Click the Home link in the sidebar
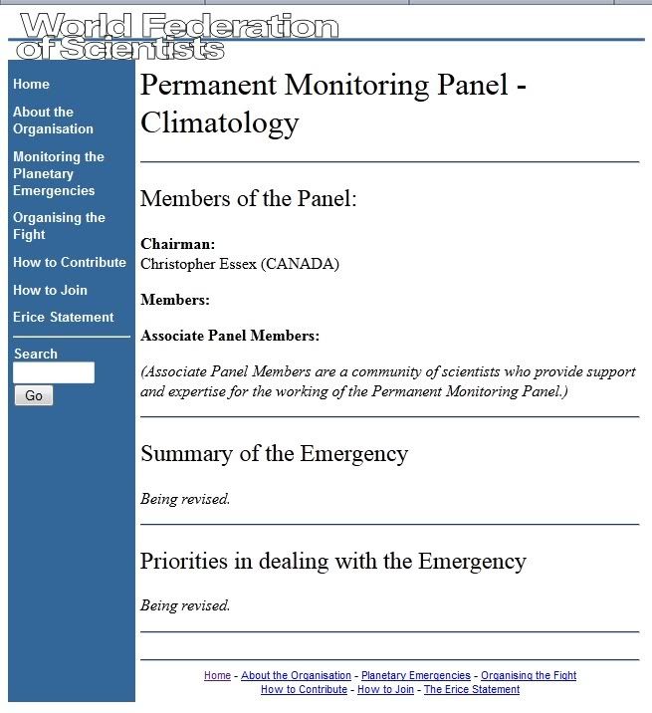pos(31,85)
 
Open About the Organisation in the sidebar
pos(53,120)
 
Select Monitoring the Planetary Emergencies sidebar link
pos(58,173)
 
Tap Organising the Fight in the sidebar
pos(59,226)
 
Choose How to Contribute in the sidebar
pos(69,263)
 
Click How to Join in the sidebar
pos(50,291)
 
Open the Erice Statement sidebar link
pos(63,318)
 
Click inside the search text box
pos(54,373)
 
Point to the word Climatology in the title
pos(219,123)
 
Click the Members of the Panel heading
pos(248,198)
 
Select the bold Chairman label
pos(178,244)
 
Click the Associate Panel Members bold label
pos(230,337)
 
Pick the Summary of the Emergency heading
pos(274,454)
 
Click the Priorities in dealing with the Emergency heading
pos(332,562)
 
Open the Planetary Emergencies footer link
pos(415,676)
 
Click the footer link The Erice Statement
pos(472,690)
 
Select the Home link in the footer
pos(217,676)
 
